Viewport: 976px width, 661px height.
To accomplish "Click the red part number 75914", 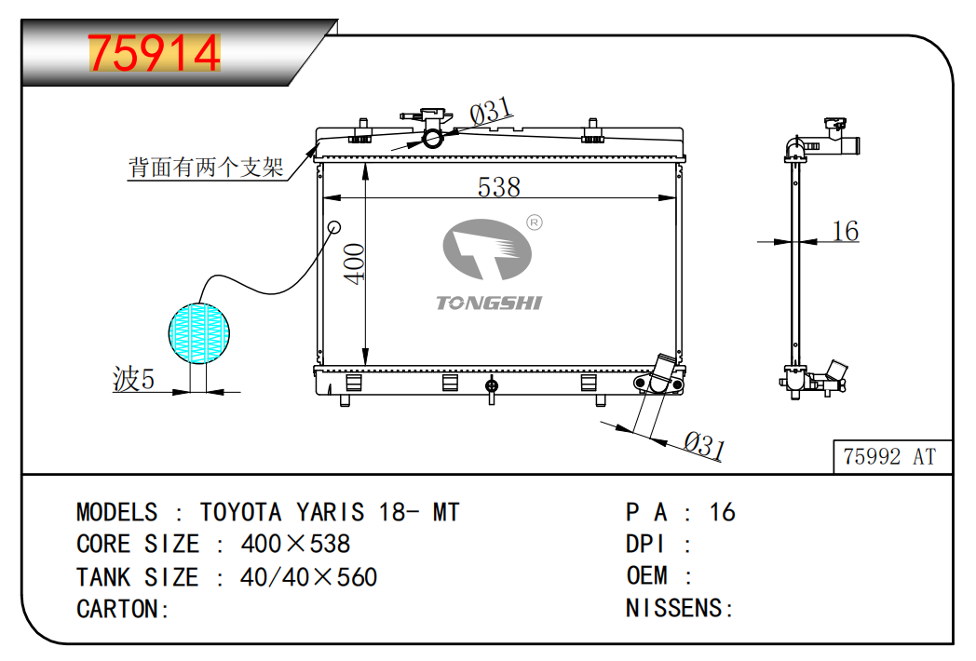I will [x=154, y=53].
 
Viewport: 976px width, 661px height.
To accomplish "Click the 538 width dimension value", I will [x=498, y=187].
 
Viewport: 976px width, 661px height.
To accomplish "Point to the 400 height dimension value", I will [x=355, y=263].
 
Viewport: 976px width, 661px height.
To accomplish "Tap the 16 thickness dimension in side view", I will [x=845, y=231].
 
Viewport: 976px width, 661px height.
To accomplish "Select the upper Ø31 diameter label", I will [x=491, y=113].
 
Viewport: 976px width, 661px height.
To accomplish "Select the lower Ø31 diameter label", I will [x=704, y=445].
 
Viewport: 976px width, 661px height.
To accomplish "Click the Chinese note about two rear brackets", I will [x=206, y=168].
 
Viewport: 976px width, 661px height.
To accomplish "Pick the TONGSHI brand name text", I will [x=489, y=303].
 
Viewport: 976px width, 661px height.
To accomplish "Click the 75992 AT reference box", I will [x=889, y=456].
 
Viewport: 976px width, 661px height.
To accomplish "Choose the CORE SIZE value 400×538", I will [x=295, y=544].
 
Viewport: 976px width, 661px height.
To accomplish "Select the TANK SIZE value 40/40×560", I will [x=308, y=577].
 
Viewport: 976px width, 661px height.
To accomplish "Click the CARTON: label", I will [x=122, y=610].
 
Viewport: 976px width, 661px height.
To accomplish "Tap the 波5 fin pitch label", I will [x=133, y=380].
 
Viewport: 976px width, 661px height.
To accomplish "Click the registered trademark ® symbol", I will [x=535, y=223].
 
